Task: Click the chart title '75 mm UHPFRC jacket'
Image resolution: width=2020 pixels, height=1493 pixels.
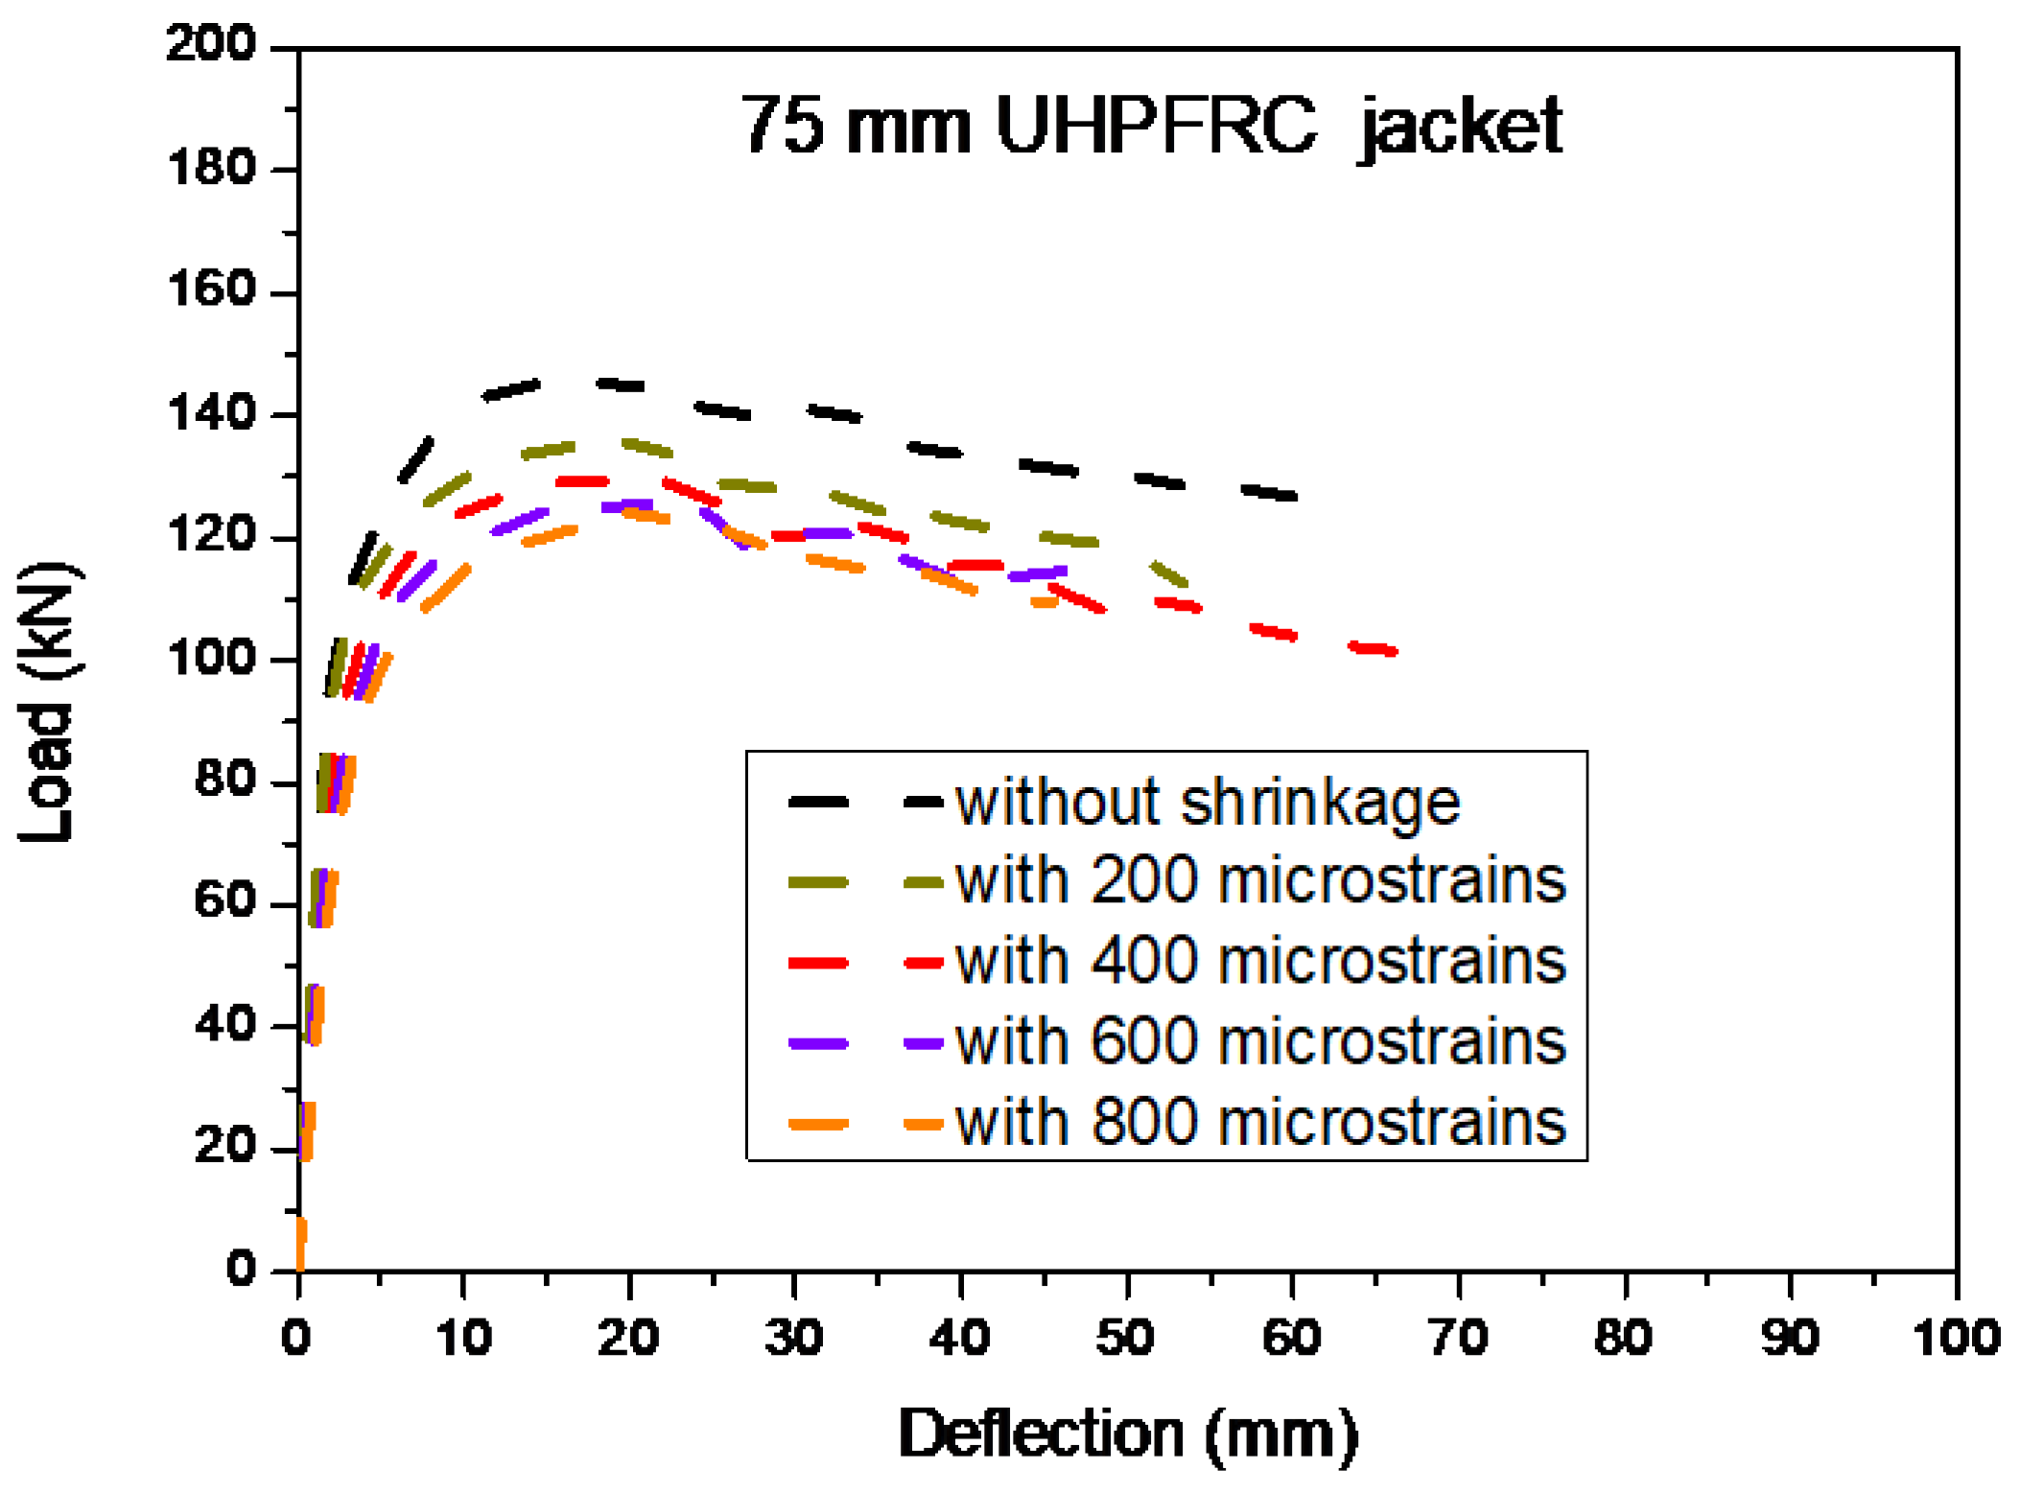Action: tap(1151, 126)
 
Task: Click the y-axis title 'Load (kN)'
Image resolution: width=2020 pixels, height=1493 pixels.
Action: tap(48, 703)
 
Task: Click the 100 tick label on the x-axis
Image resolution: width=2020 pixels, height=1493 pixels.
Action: tap(1955, 1337)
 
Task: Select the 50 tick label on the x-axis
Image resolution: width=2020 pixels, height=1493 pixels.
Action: tap(1126, 1337)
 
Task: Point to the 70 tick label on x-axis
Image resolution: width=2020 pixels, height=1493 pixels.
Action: tap(1458, 1337)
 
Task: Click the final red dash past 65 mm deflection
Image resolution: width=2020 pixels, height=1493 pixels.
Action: tap(1374, 649)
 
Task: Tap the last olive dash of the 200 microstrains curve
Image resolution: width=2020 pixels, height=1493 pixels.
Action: tap(1169, 574)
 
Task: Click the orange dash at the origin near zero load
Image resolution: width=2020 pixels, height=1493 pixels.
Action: tap(300, 1244)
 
